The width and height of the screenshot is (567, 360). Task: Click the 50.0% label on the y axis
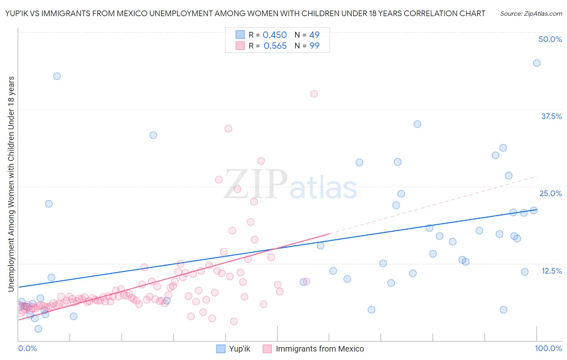(550, 39)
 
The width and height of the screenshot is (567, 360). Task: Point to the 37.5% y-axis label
(551, 116)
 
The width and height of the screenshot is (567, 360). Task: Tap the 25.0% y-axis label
(550, 193)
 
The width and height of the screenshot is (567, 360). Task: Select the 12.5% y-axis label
(551, 271)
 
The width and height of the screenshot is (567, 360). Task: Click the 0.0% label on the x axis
(27, 348)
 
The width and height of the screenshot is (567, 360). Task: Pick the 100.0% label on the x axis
(548, 348)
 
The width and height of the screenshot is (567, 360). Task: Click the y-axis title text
(11, 184)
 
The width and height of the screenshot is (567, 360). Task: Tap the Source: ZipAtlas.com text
(531, 13)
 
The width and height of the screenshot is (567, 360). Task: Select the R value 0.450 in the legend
(275, 35)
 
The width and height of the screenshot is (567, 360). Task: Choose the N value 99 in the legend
(314, 46)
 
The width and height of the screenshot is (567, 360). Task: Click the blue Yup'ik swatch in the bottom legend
(221, 349)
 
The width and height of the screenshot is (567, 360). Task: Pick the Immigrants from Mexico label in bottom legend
(320, 349)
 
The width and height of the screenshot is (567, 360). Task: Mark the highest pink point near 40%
(314, 94)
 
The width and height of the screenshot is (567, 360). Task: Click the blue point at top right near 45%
(536, 63)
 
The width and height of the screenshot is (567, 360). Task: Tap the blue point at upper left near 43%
(57, 76)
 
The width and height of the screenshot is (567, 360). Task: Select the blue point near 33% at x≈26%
(153, 135)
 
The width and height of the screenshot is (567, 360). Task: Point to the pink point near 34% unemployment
(228, 129)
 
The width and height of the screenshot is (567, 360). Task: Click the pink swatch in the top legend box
(240, 46)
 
